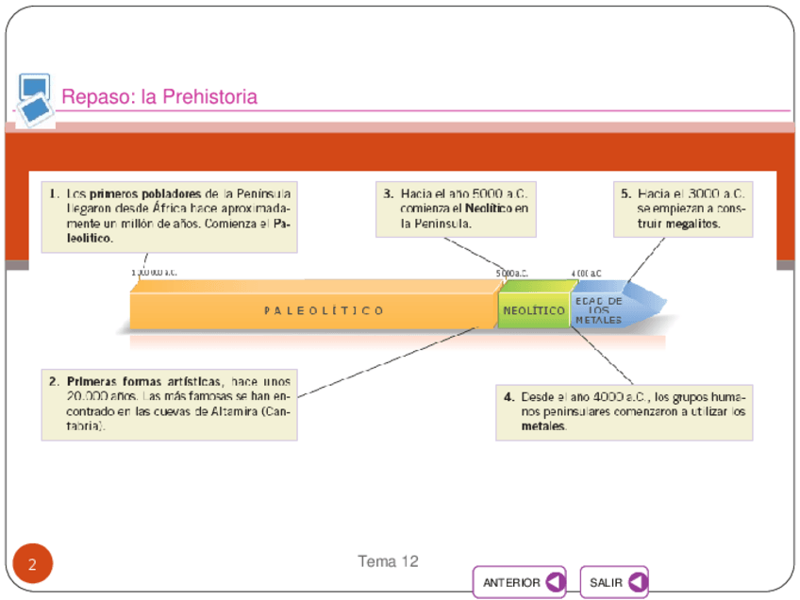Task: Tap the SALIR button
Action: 614,582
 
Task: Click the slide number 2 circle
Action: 32,565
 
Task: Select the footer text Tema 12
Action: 388,561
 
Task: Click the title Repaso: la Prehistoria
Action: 159,97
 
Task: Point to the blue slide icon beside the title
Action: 35,100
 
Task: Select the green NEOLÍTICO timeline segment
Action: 534,309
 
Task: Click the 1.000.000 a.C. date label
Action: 154,273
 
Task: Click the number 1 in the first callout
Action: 54,193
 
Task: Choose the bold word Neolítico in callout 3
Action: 488,208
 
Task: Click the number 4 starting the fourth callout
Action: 508,397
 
